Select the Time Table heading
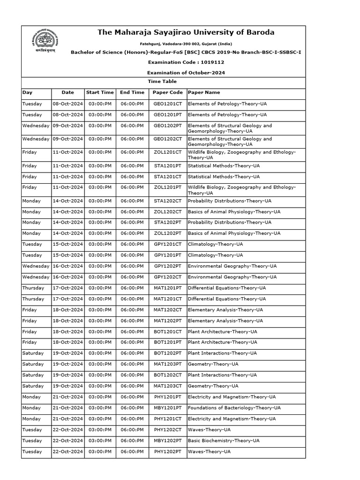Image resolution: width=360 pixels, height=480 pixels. (163, 82)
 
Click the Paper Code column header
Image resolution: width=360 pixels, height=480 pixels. (167, 92)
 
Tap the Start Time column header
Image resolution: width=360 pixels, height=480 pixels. (99, 92)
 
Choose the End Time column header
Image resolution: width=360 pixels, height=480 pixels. (132, 92)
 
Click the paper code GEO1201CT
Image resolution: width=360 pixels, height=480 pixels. (167, 104)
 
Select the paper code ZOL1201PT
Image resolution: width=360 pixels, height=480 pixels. (167, 187)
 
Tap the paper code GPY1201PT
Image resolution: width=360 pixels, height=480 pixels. (167, 255)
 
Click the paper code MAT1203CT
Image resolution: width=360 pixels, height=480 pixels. (167, 386)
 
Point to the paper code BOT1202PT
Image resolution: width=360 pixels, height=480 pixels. (167, 353)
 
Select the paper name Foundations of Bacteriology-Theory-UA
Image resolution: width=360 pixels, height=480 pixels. (234, 408)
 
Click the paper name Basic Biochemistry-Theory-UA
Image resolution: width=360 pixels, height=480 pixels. (223, 441)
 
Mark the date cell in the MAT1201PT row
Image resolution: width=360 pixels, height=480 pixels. (67, 288)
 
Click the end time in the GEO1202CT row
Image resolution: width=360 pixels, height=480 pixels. (132, 139)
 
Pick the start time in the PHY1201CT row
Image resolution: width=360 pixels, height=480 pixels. (99, 419)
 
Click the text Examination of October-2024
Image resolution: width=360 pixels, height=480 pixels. (186, 73)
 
